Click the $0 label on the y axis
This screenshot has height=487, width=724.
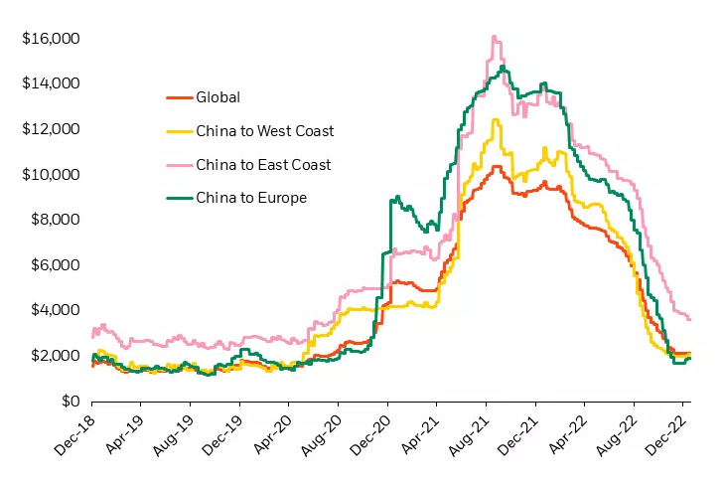point(68,401)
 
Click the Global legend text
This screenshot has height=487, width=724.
point(218,97)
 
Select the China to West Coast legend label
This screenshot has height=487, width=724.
point(265,131)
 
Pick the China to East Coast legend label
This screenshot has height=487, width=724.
point(263,164)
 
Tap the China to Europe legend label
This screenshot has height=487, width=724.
point(252,198)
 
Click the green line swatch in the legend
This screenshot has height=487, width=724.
point(177,198)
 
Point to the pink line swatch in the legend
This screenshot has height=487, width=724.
point(177,164)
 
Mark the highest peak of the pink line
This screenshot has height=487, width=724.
point(494,37)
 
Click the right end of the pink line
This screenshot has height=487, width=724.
point(690,319)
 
